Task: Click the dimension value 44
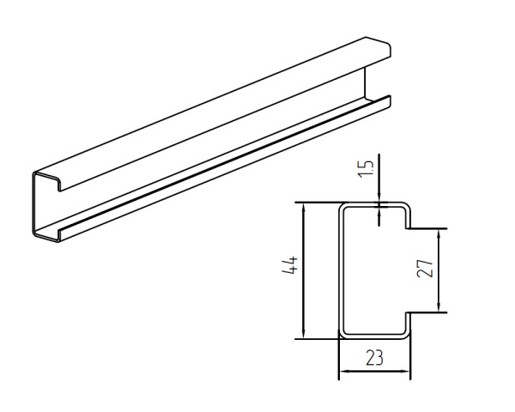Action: pos(290,265)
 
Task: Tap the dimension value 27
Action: pos(425,269)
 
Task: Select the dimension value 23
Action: pos(375,358)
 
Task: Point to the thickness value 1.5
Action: pos(366,169)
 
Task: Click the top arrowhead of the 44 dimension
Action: pos(304,208)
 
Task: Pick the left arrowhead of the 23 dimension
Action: pos(344,372)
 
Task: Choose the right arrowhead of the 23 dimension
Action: pos(405,372)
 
